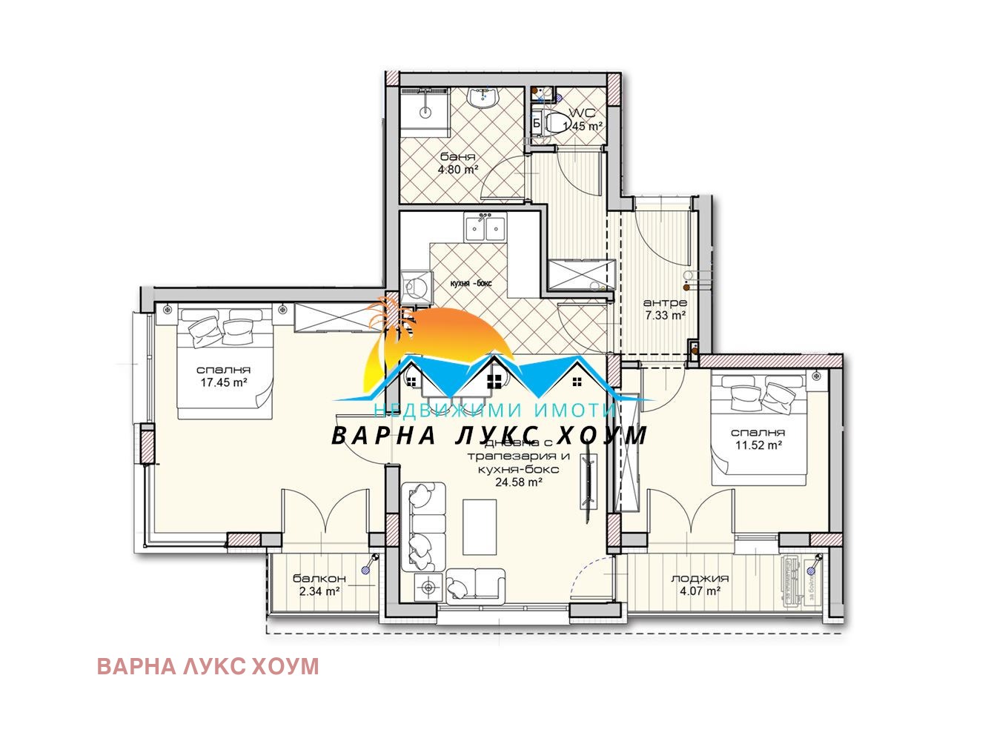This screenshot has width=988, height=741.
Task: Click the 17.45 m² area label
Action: pos(223,383)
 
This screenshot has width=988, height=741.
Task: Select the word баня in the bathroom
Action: pos(457,157)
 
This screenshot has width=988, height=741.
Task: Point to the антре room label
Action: pos(664,302)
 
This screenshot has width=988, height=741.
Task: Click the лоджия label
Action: pos(699,579)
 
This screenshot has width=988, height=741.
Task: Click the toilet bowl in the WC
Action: pos(553,123)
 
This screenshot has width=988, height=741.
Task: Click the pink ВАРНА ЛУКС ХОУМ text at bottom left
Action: pos(208,666)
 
